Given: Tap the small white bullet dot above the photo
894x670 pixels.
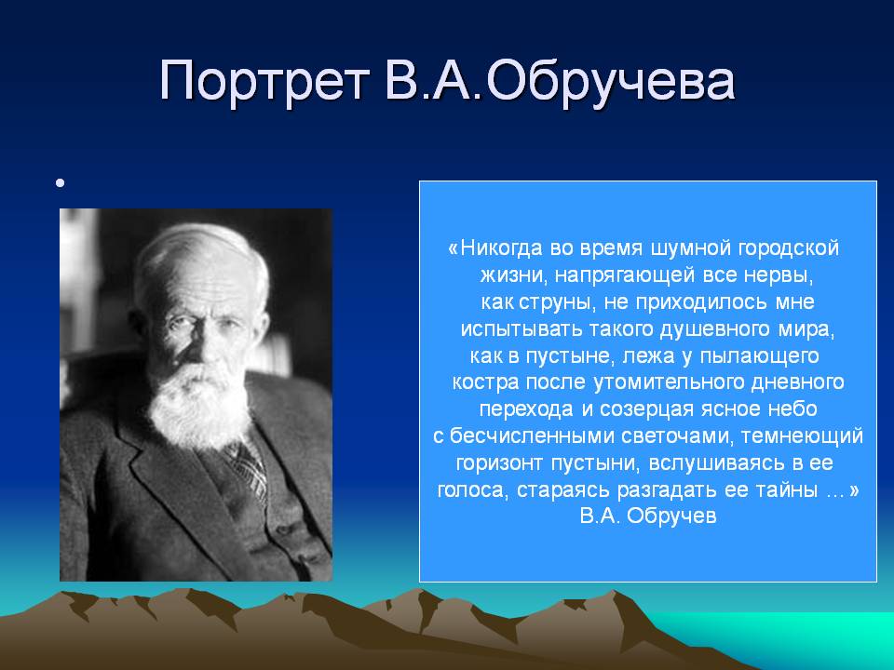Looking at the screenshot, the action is click(x=60, y=183).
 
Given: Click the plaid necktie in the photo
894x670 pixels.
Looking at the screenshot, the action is click(x=246, y=468).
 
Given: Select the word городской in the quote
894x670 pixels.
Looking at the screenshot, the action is click(x=789, y=249).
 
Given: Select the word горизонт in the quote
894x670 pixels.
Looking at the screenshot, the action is click(x=499, y=463).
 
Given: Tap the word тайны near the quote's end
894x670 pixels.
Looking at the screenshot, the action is click(x=786, y=490).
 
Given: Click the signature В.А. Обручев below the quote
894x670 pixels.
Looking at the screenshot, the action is click(x=648, y=516).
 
